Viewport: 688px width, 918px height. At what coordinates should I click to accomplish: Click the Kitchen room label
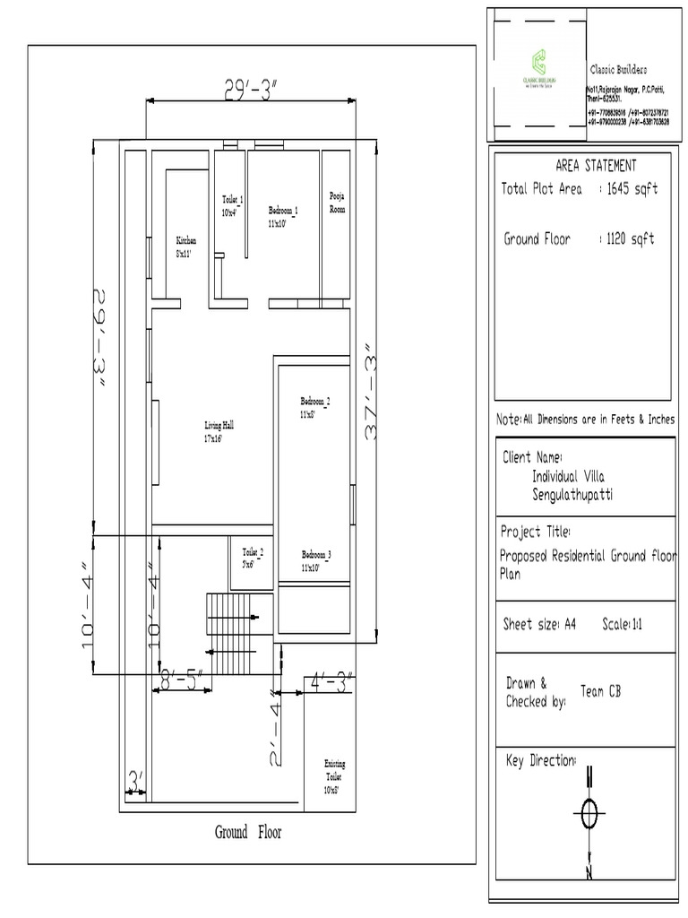(185, 247)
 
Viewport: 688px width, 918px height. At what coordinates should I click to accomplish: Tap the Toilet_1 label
(233, 205)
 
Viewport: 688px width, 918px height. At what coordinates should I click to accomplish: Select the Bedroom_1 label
(282, 215)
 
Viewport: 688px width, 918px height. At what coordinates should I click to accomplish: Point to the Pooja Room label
(337, 202)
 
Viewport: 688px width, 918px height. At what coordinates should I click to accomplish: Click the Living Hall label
(219, 432)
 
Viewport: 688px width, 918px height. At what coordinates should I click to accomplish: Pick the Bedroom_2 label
(315, 407)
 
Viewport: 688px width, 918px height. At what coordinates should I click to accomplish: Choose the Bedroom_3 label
(316, 560)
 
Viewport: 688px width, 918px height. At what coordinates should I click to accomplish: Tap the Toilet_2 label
(253, 558)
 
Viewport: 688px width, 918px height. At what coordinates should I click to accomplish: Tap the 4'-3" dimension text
(331, 681)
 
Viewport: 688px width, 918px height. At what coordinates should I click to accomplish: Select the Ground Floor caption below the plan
(247, 833)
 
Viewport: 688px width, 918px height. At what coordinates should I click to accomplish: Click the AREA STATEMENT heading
(596, 166)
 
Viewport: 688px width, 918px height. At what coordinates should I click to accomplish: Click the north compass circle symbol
(589, 815)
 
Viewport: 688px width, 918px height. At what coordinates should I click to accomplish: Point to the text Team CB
(600, 691)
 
